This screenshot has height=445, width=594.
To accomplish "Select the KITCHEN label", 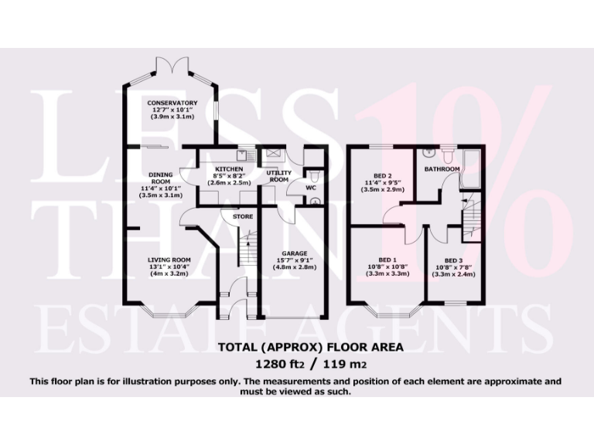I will pos(229,168).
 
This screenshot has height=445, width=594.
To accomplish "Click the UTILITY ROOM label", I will pos(278,175).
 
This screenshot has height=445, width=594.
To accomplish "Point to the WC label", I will pos(310,188).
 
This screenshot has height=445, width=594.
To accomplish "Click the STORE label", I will pos(243,217).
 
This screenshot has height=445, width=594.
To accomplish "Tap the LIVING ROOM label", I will pos(169,260).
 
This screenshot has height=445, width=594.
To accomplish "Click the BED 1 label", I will pos(384,260).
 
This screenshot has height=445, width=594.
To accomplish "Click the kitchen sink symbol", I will pos(241,154).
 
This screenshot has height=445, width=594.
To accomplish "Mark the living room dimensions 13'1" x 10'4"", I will pos(169,267).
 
